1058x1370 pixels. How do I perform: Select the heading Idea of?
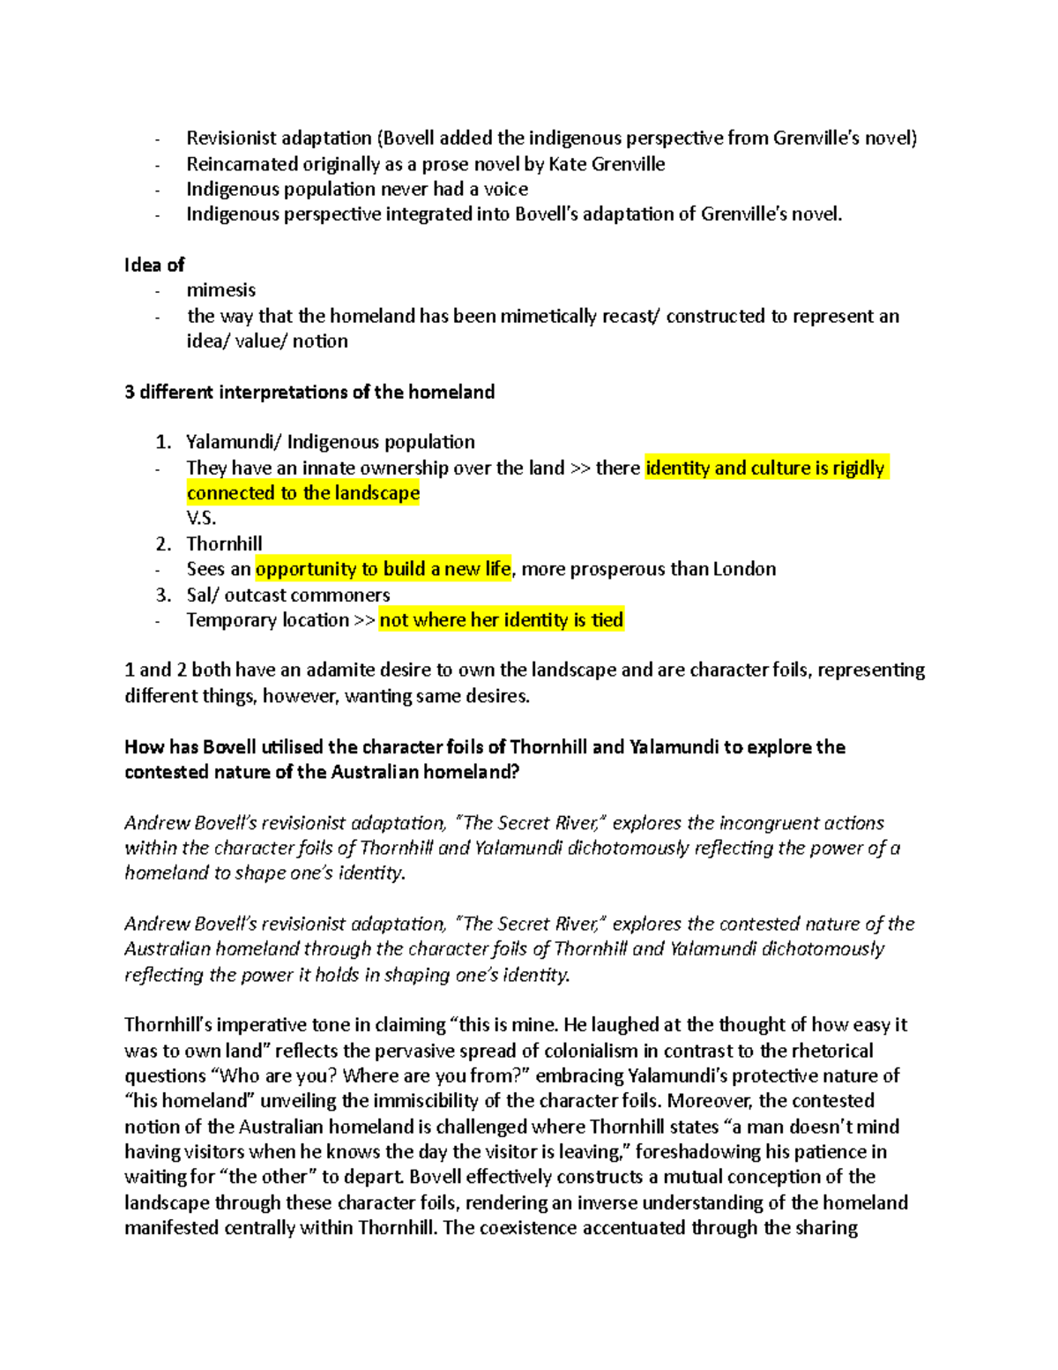pyautogui.click(x=154, y=265)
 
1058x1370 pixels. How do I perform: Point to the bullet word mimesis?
pyautogui.click(x=220, y=290)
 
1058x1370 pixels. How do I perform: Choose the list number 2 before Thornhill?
pyautogui.click(x=161, y=543)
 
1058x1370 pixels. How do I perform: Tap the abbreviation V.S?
pyautogui.click(x=201, y=518)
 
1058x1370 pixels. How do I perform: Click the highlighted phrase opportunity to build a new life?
pyautogui.click(x=383, y=569)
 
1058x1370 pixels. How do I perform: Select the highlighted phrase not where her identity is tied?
pyautogui.click(x=501, y=620)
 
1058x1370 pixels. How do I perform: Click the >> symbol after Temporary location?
pyautogui.click(x=364, y=620)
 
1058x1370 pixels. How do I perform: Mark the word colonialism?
pyautogui.click(x=590, y=1051)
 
